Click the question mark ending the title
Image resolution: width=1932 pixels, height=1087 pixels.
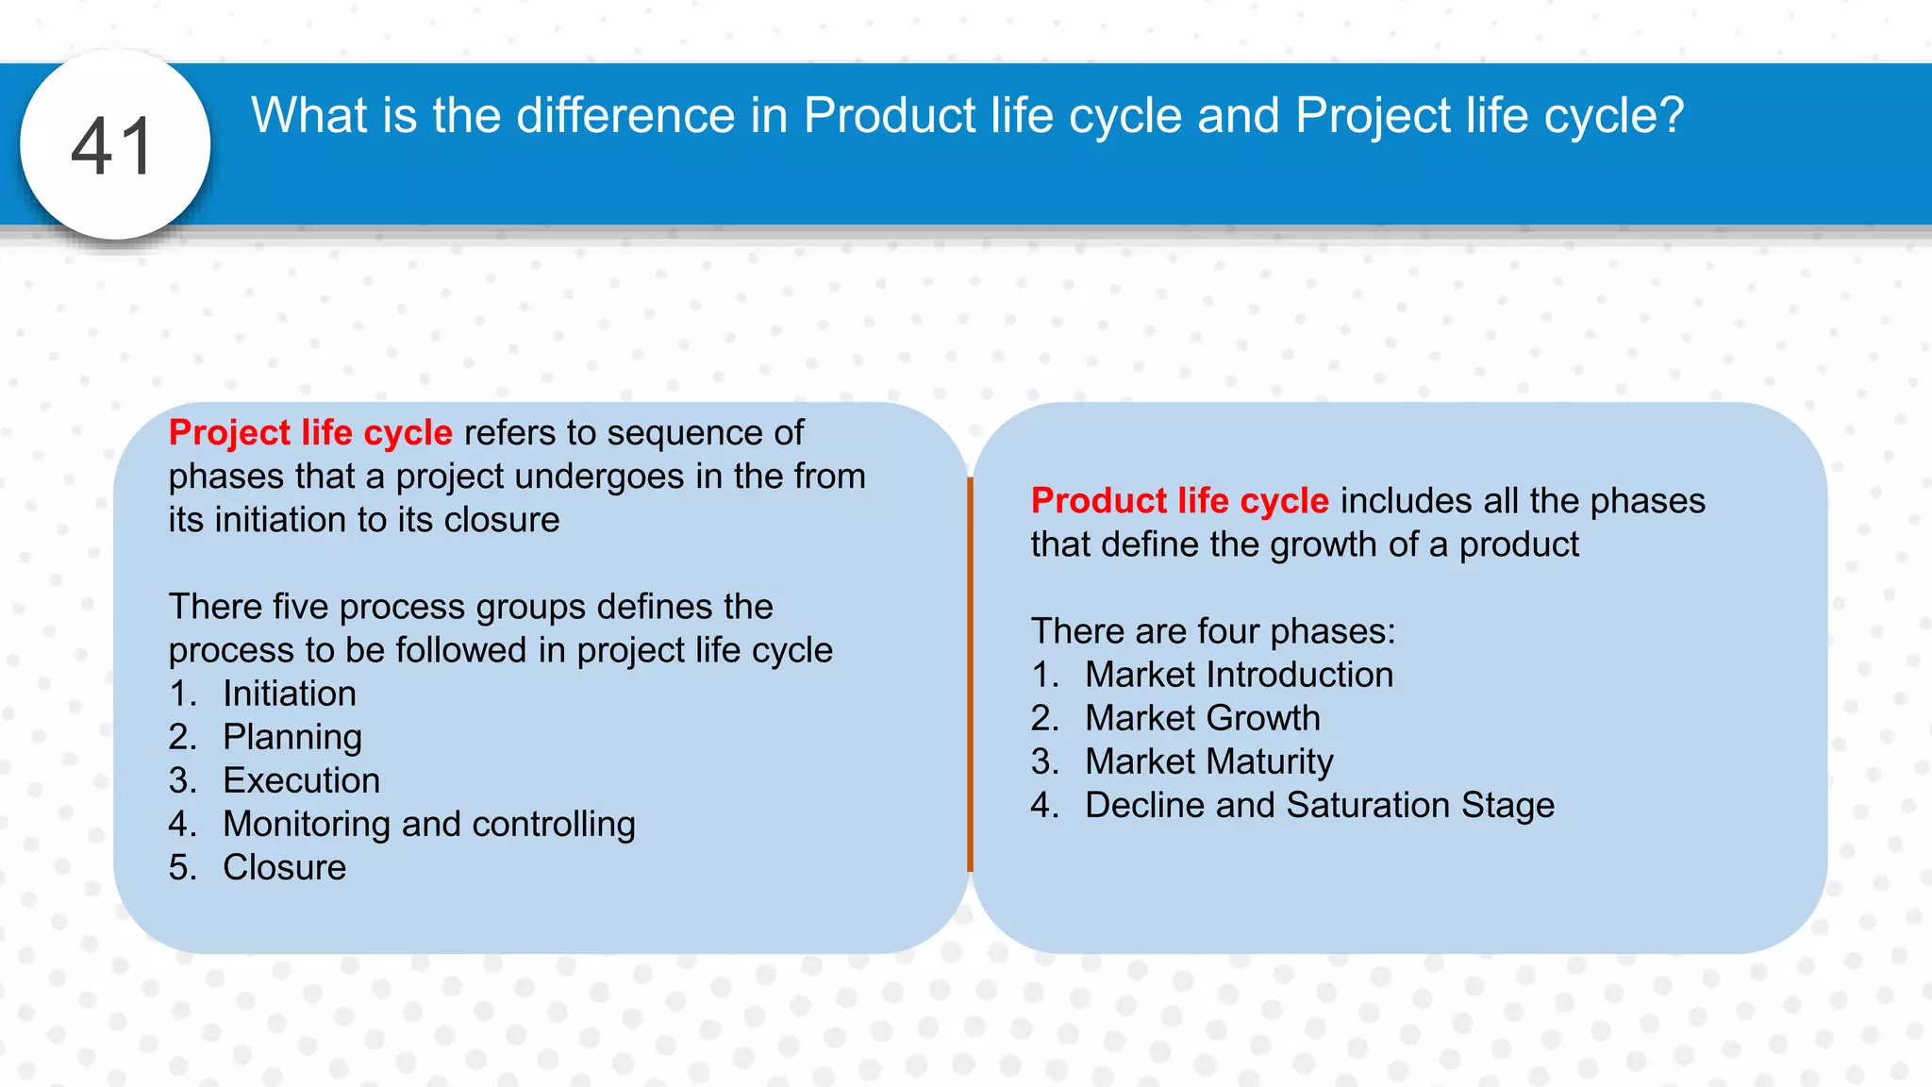[x=1671, y=116]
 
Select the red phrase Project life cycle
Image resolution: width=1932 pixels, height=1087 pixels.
[x=310, y=432]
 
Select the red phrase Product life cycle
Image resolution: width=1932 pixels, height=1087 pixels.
[x=1179, y=500]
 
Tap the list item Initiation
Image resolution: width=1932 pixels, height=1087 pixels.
[x=289, y=694]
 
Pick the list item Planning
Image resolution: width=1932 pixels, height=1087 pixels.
[x=291, y=737]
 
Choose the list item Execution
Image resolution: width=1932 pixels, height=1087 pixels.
[x=301, y=780]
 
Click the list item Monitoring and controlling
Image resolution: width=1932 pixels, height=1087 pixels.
[x=428, y=824]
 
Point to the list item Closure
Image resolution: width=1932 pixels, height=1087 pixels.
[x=284, y=867]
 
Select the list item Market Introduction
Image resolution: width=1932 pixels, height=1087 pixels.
[x=1239, y=675]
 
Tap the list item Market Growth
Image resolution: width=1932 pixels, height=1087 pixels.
[x=1202, y=718]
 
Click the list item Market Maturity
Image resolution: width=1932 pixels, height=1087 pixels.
[x=1208, y=761]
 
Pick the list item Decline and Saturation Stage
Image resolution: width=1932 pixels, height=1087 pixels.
[x=1319, y=805]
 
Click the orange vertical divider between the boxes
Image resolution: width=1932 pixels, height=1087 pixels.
[x=970, y=675]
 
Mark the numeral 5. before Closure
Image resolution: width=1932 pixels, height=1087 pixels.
[x=182, y=867]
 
